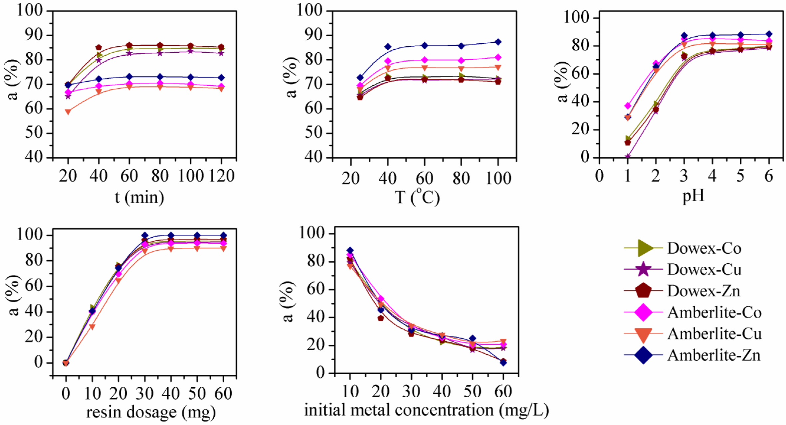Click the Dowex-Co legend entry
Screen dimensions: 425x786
point(704,248)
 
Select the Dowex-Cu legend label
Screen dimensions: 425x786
point(704,270)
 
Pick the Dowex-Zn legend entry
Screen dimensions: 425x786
point(703,291)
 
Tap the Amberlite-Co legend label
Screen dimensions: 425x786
point(714,312)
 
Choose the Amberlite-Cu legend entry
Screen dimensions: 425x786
point(714,334)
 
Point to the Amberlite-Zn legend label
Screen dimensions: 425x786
point(714,355)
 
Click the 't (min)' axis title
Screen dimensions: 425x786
point(139,197)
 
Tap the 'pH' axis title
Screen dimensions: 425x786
point(693,196)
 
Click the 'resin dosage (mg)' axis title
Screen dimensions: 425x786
point(151,412)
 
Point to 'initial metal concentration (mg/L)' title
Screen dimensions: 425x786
point(426,410)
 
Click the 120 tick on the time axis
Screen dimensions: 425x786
point(221,176)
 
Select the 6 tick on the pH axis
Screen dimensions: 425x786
point(768,176)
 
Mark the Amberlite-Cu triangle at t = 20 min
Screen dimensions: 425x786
point(68,112)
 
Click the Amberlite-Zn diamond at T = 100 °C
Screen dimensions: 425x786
point(498,42)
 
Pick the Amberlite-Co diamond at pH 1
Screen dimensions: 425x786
point(628,106)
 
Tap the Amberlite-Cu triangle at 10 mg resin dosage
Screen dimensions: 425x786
point(92,327)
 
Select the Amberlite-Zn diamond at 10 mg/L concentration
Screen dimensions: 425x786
point(350,250)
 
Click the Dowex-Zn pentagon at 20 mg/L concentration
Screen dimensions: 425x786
point(381,318)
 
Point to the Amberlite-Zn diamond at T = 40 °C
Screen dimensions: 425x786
point(388,47)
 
